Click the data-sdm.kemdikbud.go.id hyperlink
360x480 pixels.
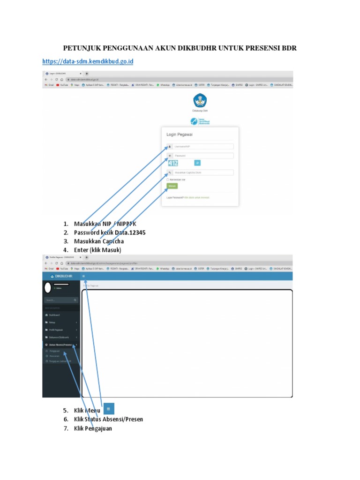tap(88, 61)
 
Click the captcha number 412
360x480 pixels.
tap(173, 163)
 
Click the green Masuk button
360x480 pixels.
tap(172, 186)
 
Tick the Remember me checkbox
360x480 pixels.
tap(168, 179)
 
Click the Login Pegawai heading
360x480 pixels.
tap(180, 135)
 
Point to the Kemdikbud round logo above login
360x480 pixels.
tap(200, 101)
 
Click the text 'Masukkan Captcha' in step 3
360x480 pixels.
tap(99, 241)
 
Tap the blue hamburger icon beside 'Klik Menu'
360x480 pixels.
tap(108, 409)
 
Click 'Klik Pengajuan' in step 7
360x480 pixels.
tap(93, 428)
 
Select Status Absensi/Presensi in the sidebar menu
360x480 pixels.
tap(60, 345)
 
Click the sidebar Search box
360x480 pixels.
tap(61, 300)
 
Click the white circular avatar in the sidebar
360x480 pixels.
tap(48, 287)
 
